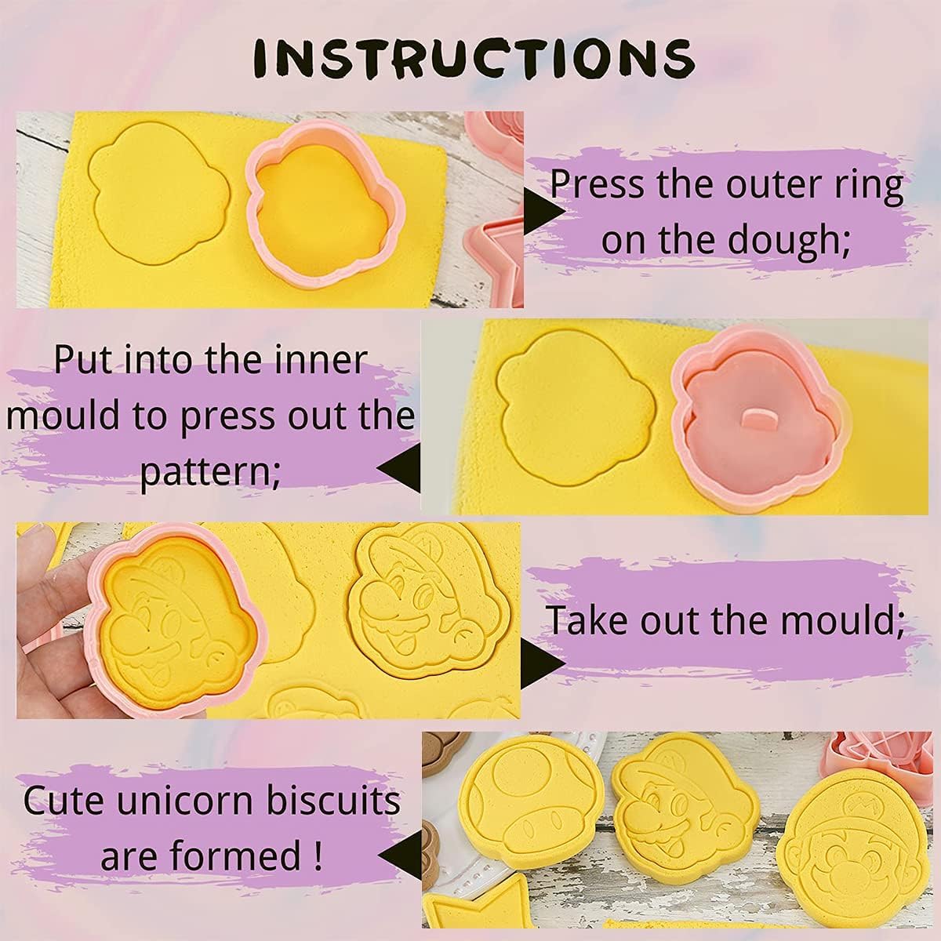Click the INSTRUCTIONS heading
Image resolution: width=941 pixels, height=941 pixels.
tap(473, 58)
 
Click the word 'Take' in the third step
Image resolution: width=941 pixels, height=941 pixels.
tap(587, 619)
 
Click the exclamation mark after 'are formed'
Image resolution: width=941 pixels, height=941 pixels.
tap(318, 855)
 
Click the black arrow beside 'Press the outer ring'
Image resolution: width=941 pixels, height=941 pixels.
tap(543, 212)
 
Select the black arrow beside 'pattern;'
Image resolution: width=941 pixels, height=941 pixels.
tap(400, 469)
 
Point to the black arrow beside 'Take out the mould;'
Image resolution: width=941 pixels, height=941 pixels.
tap(543, 663)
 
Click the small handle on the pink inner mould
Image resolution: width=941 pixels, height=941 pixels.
tap(758, 420)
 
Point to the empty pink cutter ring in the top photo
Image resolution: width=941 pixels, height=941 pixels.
tap(325, 205)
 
